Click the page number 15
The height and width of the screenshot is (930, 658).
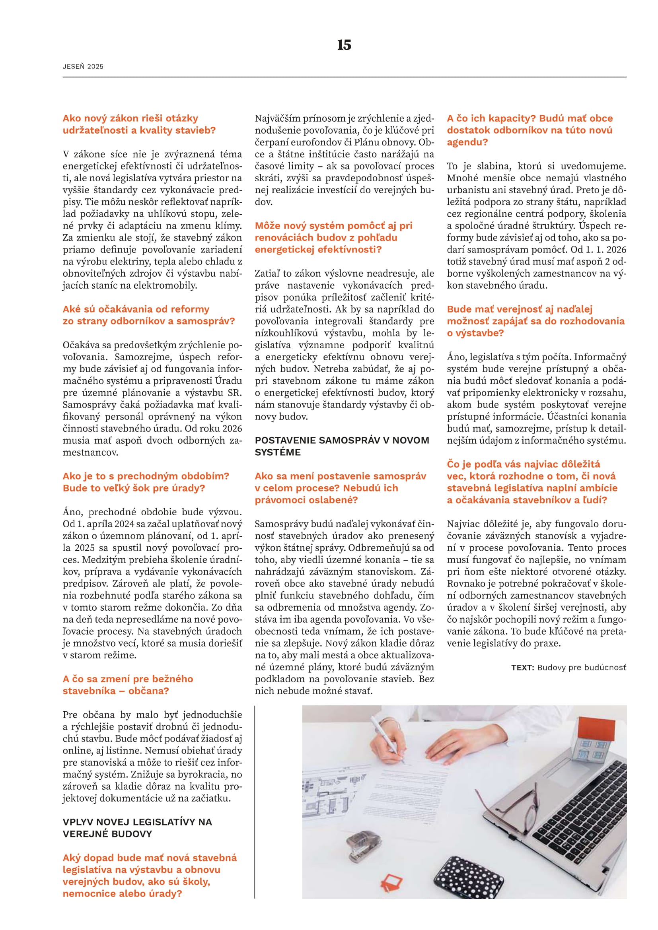(x=344, y=45)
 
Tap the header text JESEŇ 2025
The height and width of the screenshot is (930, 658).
(x=83, y=66)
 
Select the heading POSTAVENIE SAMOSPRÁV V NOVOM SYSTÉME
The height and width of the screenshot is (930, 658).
(x=342, y=446)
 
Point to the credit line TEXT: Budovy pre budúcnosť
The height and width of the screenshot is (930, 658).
(x=568, y=667)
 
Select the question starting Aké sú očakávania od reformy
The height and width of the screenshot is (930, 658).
(x=148, y=315)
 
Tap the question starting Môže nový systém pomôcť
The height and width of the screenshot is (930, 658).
(x=333, y=237)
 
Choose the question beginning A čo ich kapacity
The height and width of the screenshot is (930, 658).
(x=529, y=130)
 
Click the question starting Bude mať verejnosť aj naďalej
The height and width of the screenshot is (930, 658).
(x=535, y=321)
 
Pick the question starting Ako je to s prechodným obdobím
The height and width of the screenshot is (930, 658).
(x=146, y=482)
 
